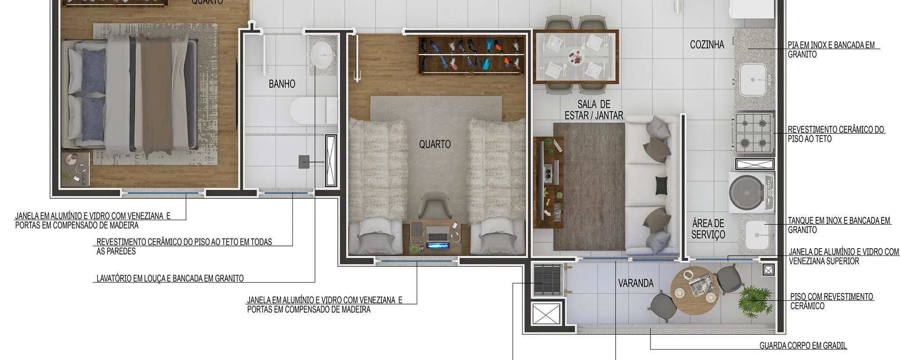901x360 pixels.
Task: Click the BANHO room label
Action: pyautogui.click(x=282, y=84)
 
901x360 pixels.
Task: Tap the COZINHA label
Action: pyautogui.click(x=707, y=45)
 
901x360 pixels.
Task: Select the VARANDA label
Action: pyautogui.click(x=635, y=283)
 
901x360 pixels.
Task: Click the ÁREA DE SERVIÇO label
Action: pyautogui.click(x=708, y=229)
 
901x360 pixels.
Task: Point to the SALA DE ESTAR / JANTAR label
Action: pyautogui.click(x=594, y=110)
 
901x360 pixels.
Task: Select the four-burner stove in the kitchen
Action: pyautogui.click(x=754, y=132)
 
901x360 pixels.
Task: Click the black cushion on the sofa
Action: pyautogui.click(x=661, y=184)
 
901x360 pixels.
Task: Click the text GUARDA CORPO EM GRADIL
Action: pyautogui.click(x=803, y=346)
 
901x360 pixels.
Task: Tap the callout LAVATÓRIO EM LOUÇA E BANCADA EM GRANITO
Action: pyautogui.click(x=170, y=278)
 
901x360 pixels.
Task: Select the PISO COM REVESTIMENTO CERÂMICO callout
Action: pyautogui.click(x=831, y=301)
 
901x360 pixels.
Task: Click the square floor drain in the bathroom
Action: pyautogui.click(x=304, y=162)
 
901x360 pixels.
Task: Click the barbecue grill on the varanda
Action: pyautogui.click(x=548, y=280)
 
